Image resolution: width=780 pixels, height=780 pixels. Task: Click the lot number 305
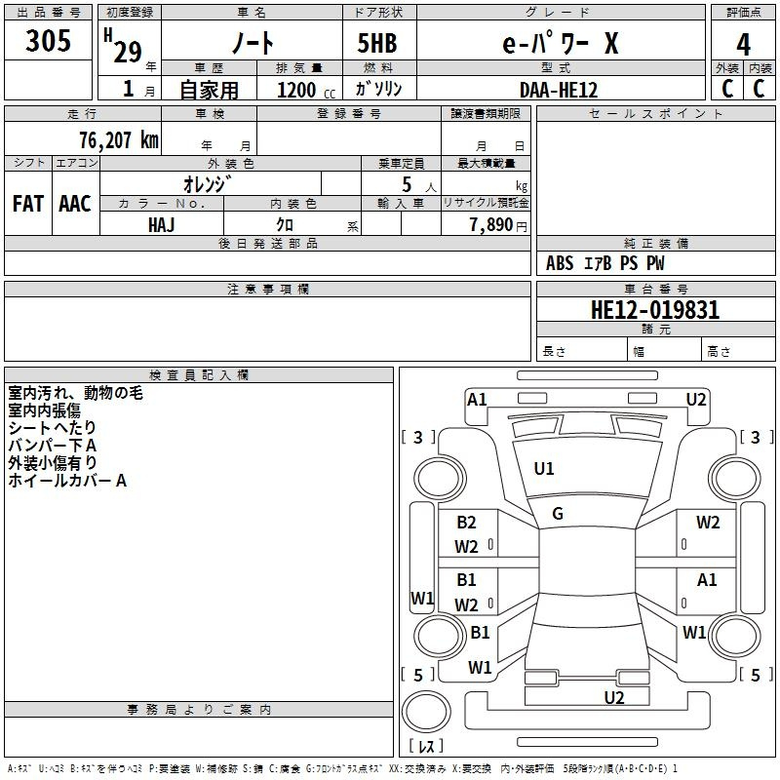click(x=48, y=40)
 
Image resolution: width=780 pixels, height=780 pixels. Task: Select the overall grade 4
click(x=743, y=44)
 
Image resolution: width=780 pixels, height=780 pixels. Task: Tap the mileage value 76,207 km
click(x=119, y=140)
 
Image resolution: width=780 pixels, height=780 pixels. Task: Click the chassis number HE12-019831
click(x=655, y=310)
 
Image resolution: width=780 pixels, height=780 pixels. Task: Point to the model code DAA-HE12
click(x=559, y=90)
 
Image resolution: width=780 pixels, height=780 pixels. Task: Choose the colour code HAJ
click(x=162, y=225)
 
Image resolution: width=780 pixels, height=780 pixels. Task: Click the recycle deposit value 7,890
click(x=491, y=225)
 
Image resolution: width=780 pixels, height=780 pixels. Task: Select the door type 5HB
click(x=377, y=43)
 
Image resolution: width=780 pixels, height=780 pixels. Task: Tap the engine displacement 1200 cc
click(x=306, y=91)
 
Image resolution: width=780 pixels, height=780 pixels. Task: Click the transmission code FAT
click(x=28, y=204)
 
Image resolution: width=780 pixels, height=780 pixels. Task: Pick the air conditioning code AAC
click(x=75, y=204)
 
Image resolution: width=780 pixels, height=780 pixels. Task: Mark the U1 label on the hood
click(x=544, y=469)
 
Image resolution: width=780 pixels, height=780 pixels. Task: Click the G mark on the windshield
click(x=558, y=514)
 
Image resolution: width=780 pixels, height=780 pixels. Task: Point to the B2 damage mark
click(x=466, y=523)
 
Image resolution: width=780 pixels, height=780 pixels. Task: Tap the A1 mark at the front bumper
click(x=477, y=400)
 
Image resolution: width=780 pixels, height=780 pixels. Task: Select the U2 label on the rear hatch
click(x=614, y=698)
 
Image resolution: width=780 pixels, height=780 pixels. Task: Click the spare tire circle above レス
click(x=426, y=712)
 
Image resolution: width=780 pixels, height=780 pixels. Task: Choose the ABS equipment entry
click(x=560, y=263)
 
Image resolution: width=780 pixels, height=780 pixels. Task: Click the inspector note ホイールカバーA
click(x=67, y=481)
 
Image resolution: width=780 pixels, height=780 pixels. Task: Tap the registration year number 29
click(x=128, y=53)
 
